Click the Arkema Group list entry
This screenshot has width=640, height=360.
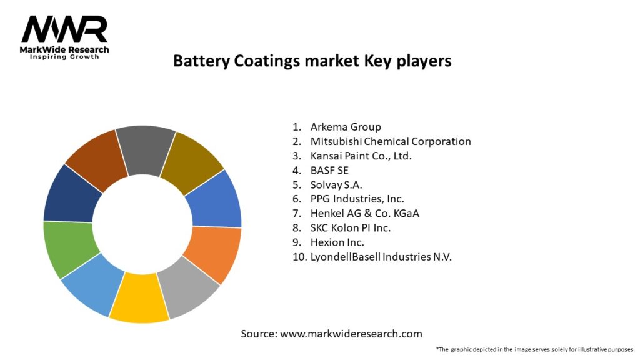[x=346, y=127]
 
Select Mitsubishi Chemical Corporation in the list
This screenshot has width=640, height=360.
[x=391, y=141]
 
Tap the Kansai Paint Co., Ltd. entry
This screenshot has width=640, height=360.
[x=361, y=156]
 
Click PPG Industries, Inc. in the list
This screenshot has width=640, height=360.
[x=357, y=199]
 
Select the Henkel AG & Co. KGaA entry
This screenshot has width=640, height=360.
[x=365, y=213]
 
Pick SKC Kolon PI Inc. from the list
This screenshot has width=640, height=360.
[x=351, y=227]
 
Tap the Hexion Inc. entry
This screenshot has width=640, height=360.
[x=337, y=242]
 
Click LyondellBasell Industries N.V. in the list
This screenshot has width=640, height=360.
[x=381, y=256]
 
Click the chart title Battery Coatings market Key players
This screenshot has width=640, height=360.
[x=312, y=61]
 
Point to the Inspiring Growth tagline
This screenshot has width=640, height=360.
[x=64, y=57]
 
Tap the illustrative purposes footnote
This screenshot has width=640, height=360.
[x=534, y=349]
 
